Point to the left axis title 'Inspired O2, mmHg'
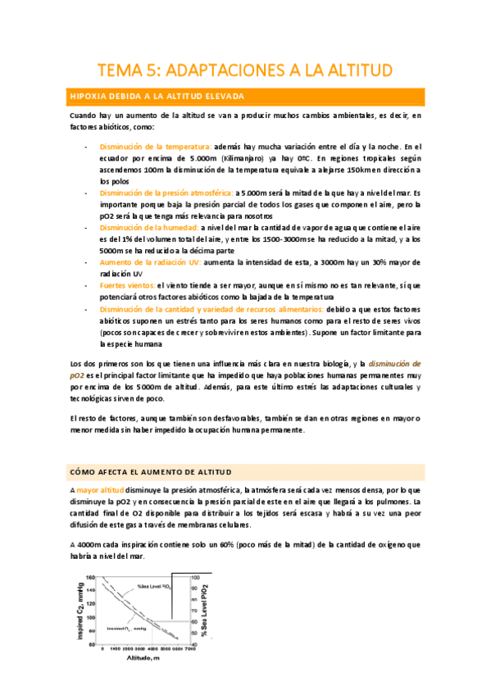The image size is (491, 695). [x=80, y=608]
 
